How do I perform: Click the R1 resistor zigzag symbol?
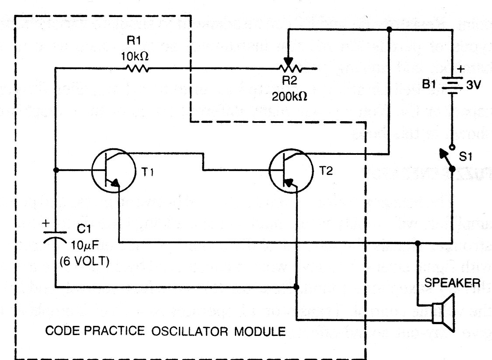click(x=138, y=68)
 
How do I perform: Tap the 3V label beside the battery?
click(x=474, y=86)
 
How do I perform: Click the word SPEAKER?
click(x=452, y=283)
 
